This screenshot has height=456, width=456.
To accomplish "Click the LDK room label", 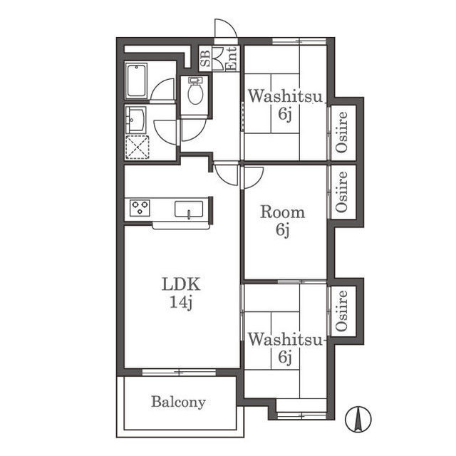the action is point(181,284).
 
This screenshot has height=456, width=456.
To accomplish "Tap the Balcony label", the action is point(178,402).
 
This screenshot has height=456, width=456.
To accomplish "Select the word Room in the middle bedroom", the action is point(282,212).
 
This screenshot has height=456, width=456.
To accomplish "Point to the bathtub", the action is point(136,81).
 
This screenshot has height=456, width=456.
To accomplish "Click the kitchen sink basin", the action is point(189,209).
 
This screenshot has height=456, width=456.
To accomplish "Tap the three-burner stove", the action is point(140,207).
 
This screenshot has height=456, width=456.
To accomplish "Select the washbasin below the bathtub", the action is point(135,120).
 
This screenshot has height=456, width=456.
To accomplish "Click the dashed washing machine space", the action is point(138,147).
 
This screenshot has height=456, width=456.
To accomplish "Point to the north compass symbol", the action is point(358,419).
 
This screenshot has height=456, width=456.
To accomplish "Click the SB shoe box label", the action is point(205,58).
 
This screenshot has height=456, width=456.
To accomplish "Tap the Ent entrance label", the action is point(232,58).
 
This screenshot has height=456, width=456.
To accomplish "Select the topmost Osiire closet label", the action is point(342,132).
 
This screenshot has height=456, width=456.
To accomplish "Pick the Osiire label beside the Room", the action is point(342,192).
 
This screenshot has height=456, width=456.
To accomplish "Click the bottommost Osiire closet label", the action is point(342,311).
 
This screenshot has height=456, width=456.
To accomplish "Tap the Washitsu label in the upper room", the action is point(285,96).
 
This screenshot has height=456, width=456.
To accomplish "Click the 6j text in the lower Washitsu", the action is point(285,357).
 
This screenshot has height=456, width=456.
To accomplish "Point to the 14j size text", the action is point(181,302).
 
